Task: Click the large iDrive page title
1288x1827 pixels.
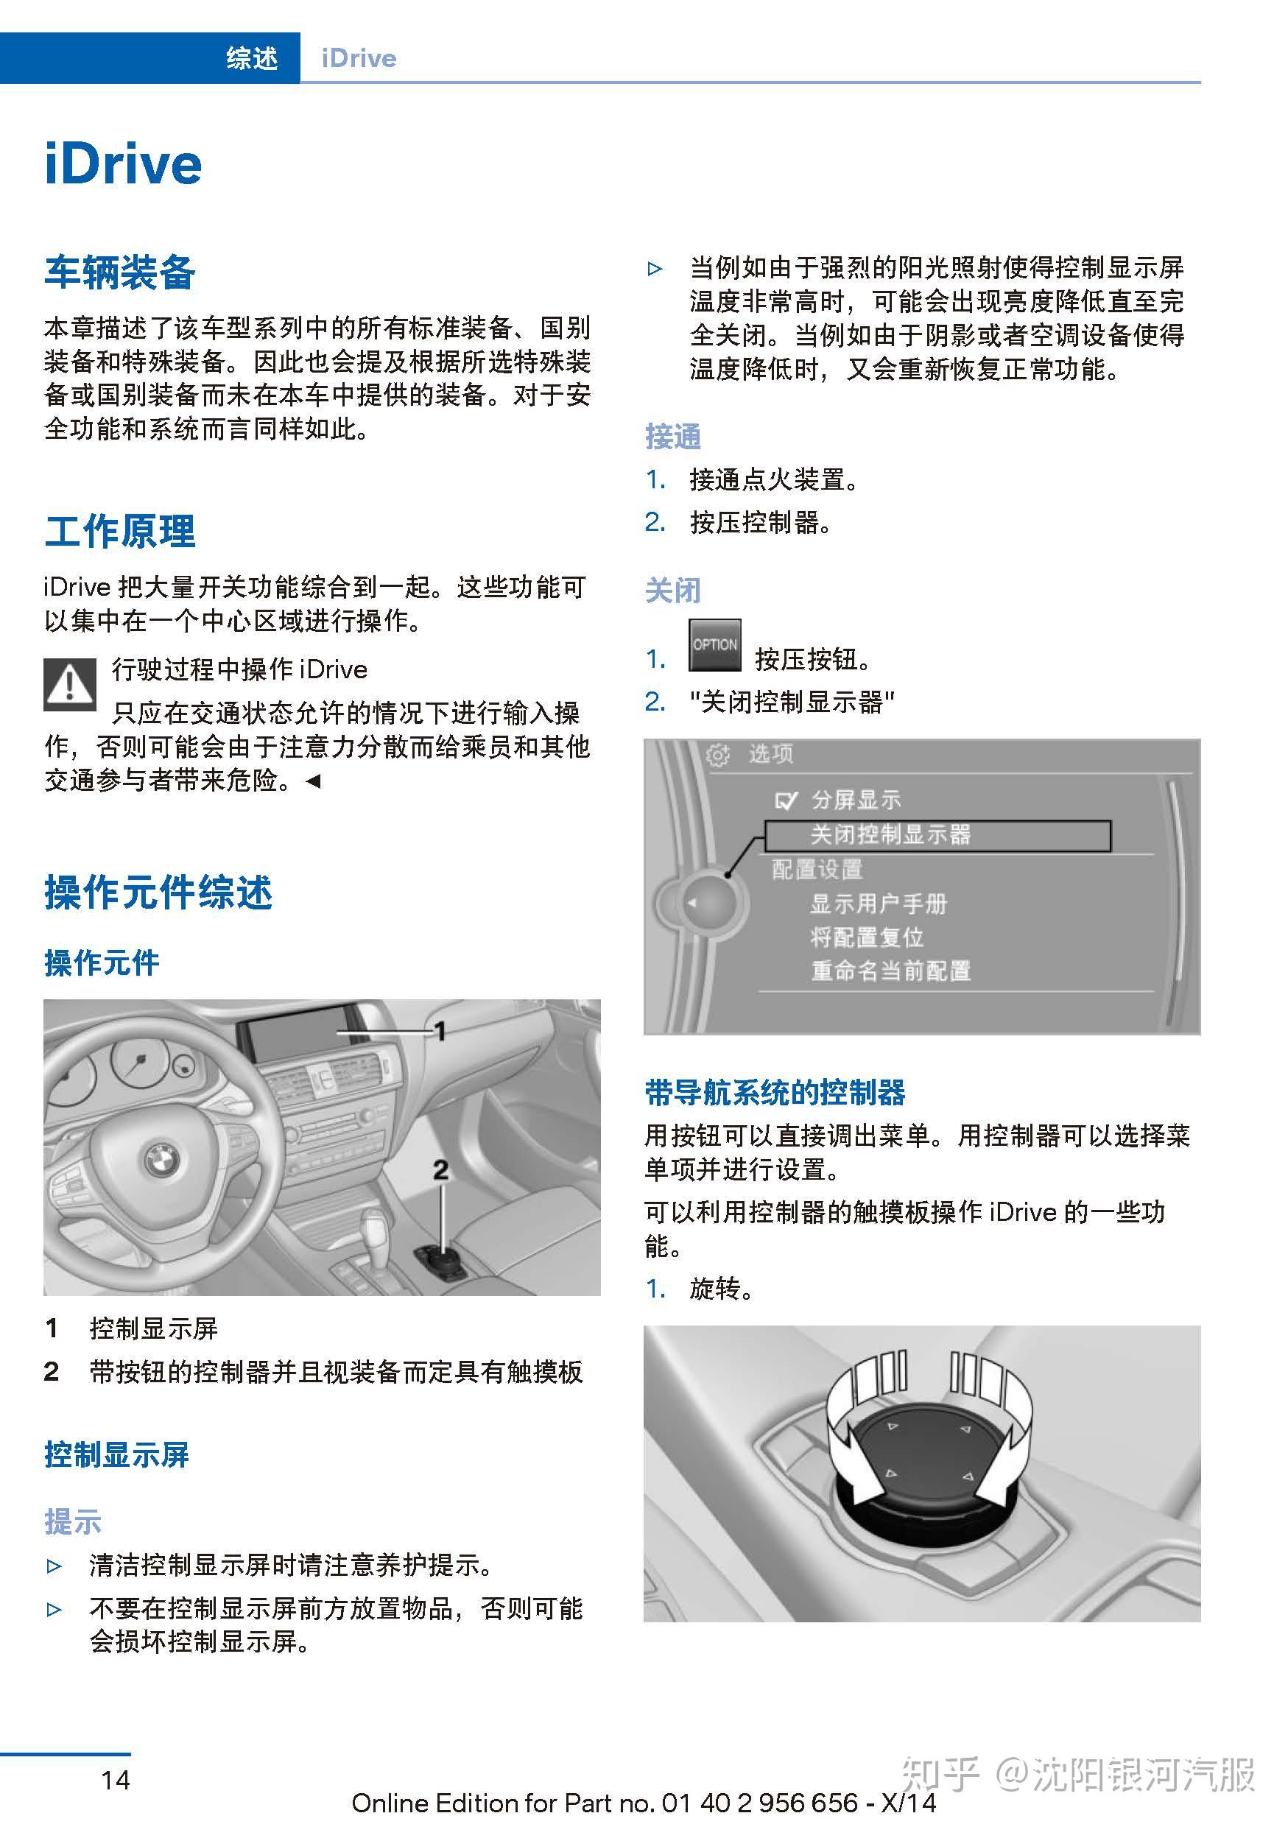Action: point(123,165)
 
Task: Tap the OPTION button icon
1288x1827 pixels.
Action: point(714,645)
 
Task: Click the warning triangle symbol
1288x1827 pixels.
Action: point(70,685)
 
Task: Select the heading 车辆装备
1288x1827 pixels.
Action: point(119,272)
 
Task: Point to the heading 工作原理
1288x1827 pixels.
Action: point(119,532)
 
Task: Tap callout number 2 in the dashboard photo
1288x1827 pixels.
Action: point(440,1169)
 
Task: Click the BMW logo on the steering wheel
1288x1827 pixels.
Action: point(162,1161)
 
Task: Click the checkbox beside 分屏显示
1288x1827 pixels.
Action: point(785,800)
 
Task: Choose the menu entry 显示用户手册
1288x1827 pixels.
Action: point(879,904)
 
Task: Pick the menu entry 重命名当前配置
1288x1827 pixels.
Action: point(890,971)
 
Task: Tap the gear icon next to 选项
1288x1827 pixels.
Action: point(717,754)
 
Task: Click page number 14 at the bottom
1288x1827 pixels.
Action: point(116,1779)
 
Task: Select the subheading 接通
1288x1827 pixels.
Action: point(672,437)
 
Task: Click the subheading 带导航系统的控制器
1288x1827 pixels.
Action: point(775,1093)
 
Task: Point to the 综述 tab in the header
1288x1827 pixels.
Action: point(251,58)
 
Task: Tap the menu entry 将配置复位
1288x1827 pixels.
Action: point(866,937)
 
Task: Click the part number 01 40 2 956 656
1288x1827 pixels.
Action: point(760,1803)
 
